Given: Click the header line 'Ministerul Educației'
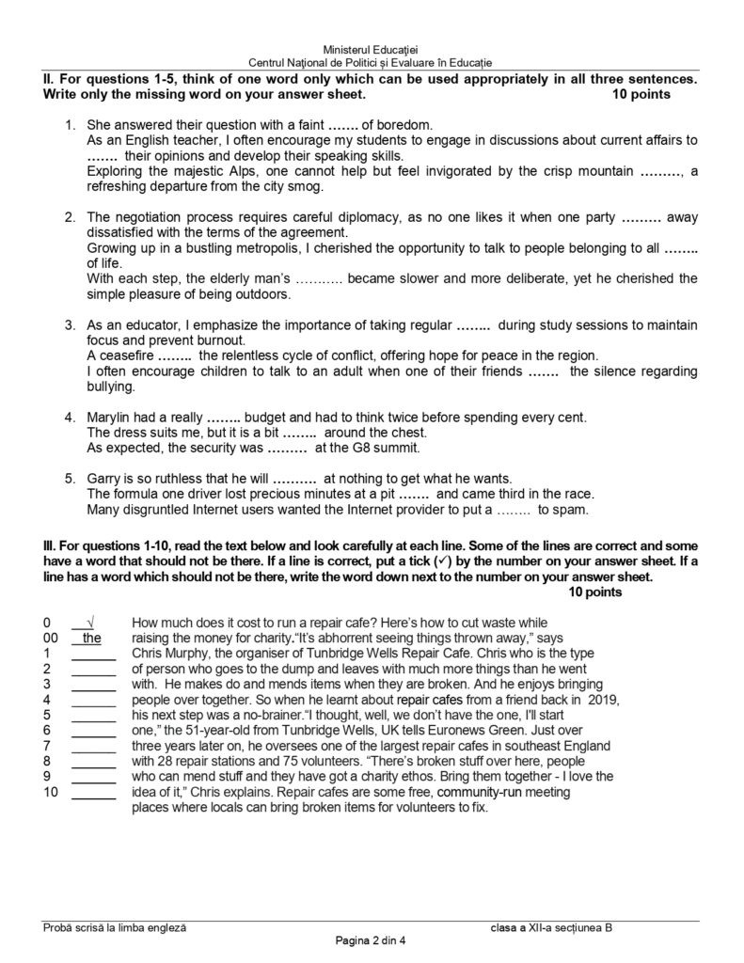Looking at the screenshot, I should [372, 48].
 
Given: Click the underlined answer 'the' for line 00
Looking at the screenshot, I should [91, 639].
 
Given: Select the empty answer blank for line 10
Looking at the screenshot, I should [93, 793].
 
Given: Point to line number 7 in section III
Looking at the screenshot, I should [46, 747].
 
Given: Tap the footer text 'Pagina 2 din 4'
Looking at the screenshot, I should [372, 941].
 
